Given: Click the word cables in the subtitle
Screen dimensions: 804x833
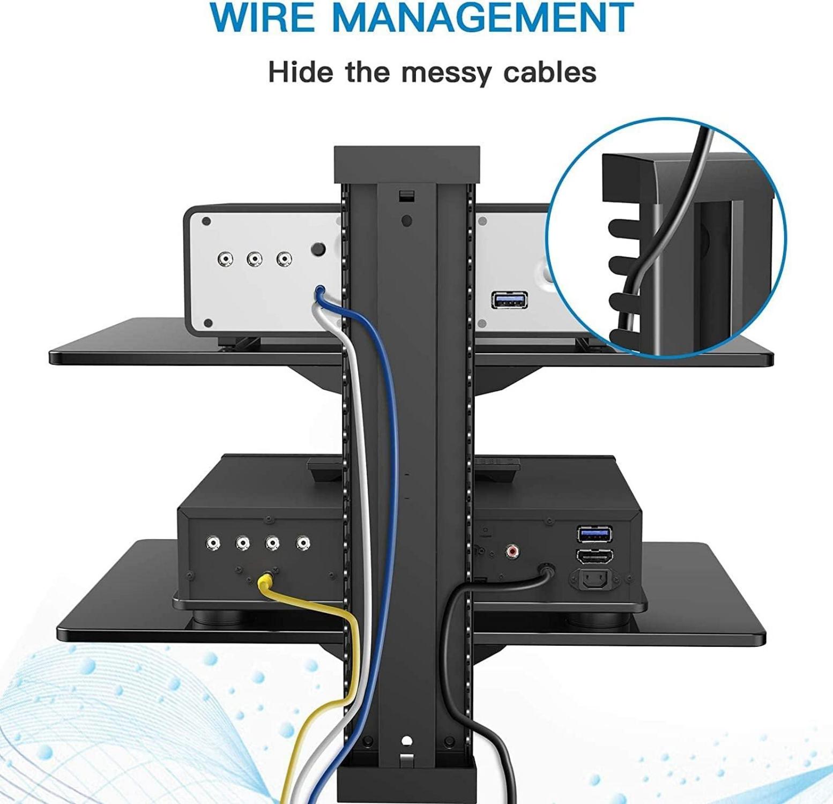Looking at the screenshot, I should [549, 72].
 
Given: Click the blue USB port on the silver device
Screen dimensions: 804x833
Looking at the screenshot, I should [509, 300].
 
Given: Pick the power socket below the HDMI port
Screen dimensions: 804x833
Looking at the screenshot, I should [595, 579].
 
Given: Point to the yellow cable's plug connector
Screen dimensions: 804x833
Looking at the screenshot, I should [265, 580].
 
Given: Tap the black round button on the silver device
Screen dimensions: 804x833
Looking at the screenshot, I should [319, 250].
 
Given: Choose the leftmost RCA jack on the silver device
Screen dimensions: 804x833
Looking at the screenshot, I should [226, 259].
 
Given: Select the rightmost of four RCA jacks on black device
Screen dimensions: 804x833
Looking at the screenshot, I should [303, 544].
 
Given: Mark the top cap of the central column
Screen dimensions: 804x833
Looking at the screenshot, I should [405, 163].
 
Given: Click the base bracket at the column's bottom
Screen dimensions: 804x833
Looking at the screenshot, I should [405, 783].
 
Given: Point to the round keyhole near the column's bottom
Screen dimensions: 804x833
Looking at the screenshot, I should [406, 741].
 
